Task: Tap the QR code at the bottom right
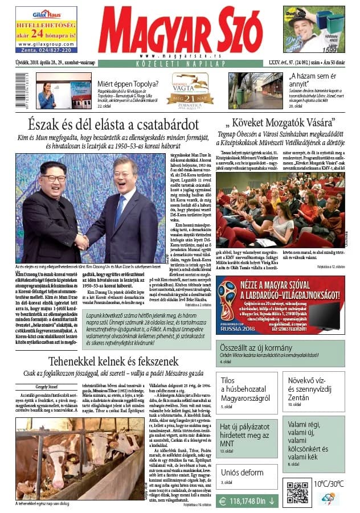[x=297, y=493]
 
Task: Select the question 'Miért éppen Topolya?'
[x=125, y=81]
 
